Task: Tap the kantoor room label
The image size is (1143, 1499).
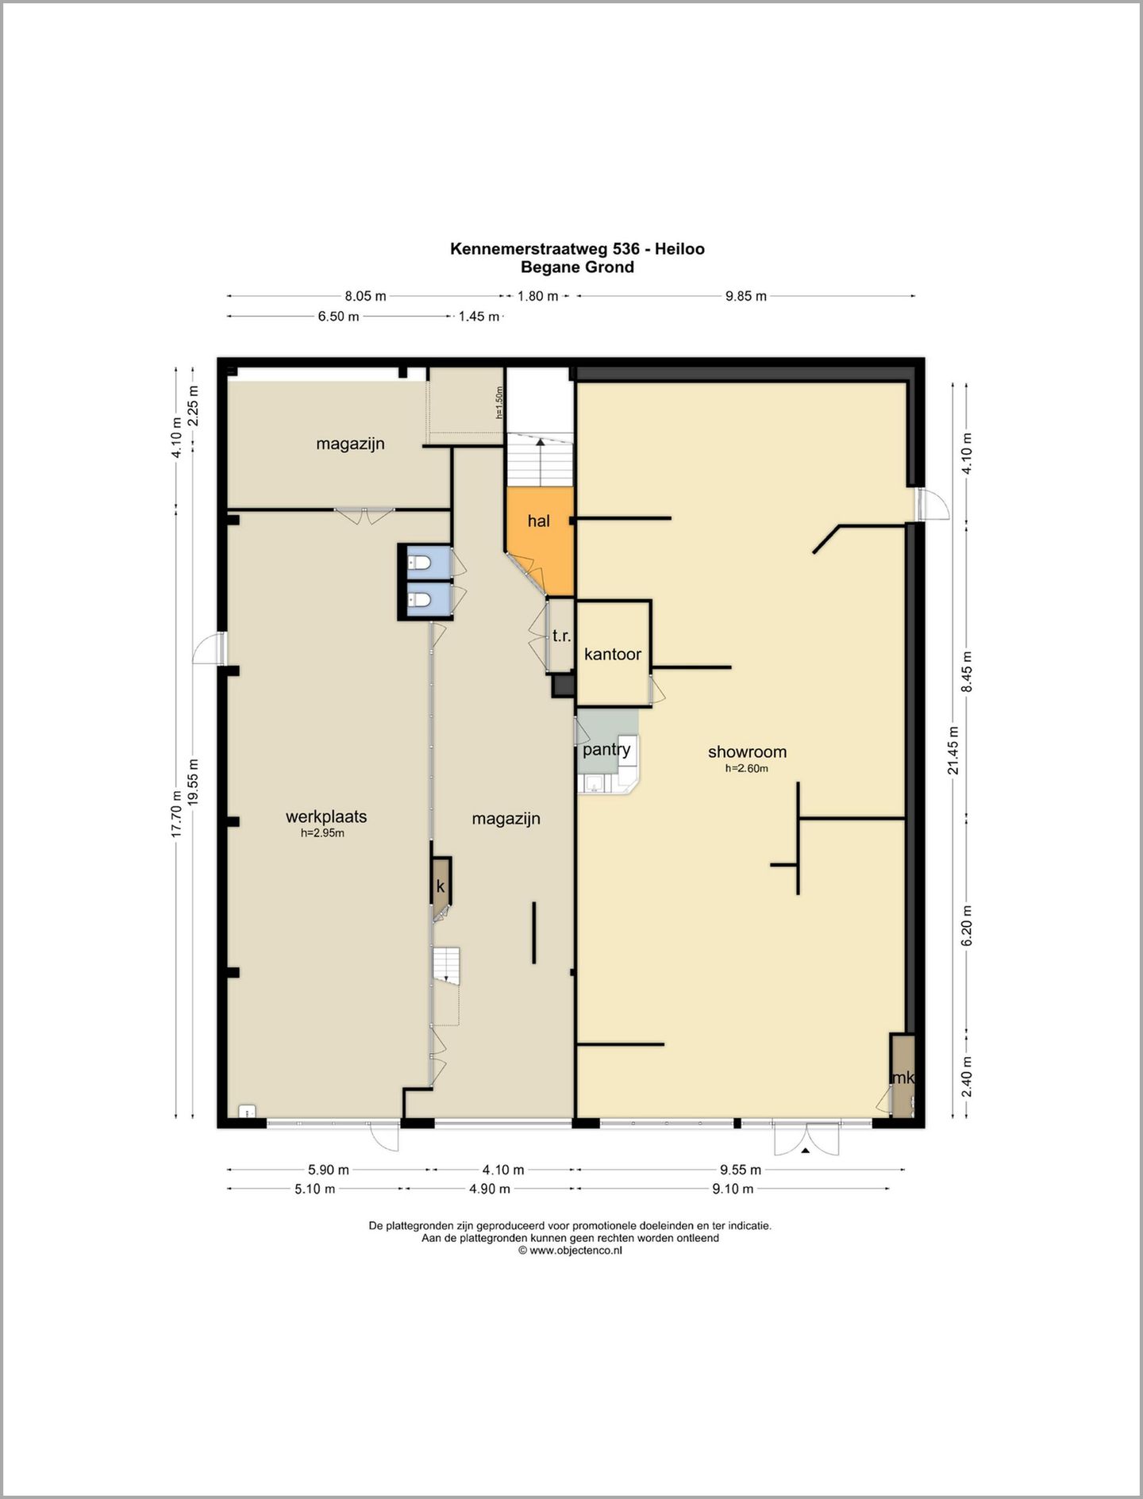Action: [x=613, y=654]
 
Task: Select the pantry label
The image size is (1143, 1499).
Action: [x=606, y=750]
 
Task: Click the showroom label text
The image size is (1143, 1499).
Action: [x=747, y=751]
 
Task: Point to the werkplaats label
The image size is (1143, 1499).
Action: [x=326, y=817]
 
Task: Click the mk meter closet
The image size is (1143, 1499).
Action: [x=902, y=1076]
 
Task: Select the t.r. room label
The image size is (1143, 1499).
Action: [x=562, y=636]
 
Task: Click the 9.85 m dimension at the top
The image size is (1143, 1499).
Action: [x=746, y=296]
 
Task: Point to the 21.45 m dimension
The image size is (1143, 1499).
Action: [x=953, y=750]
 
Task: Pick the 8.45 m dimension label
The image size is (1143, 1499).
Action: [x=967, y=672]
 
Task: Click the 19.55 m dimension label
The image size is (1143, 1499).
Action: [x=194, y=783]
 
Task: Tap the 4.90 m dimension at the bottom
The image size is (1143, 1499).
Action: [x=490, y=1189]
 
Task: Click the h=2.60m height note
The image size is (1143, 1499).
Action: [x=747, y=768]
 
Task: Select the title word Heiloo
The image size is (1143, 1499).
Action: [x=679, y=248]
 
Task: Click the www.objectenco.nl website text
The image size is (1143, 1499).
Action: [x=575, y=1250]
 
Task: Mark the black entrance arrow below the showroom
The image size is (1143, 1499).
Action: [x=805, y=1150]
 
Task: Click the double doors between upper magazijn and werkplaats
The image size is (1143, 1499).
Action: [x=364, y=514]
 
